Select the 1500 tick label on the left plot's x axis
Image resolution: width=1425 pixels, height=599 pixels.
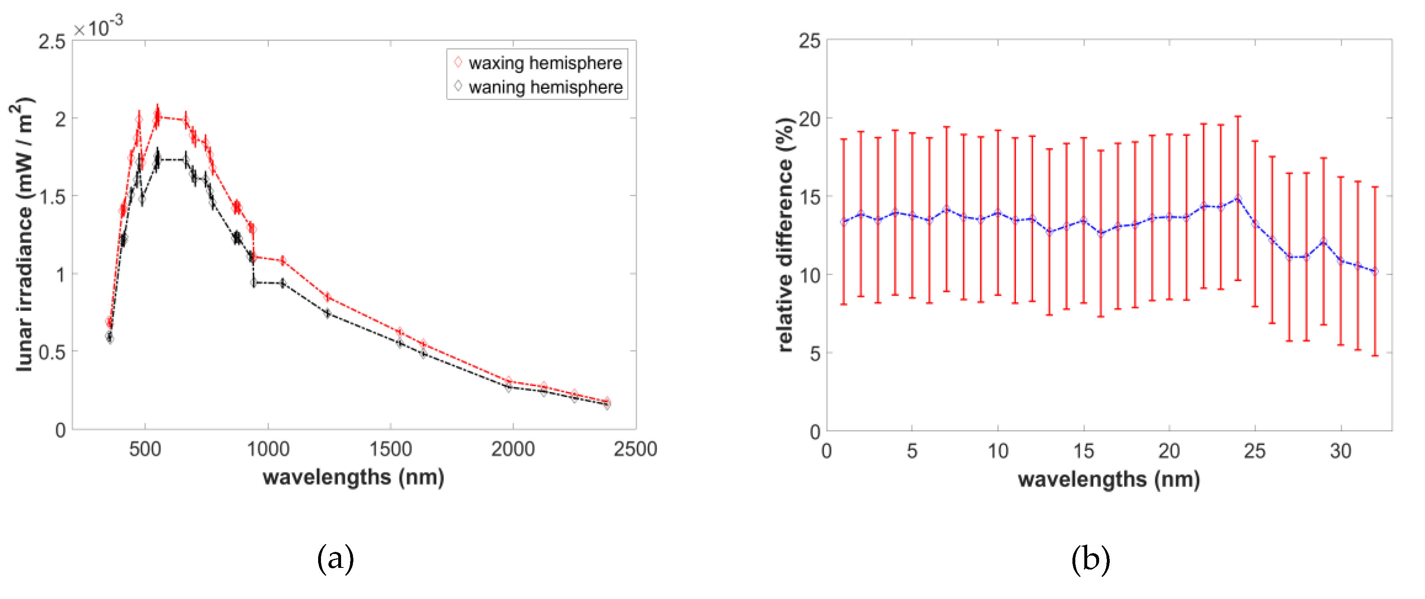tap(391, 449)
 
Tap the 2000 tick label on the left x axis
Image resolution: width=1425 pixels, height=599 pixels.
tap(513, 449)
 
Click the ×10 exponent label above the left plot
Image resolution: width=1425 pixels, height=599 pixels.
tap(98, 27)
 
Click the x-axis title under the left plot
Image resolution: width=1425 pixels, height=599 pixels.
tap(353, 477)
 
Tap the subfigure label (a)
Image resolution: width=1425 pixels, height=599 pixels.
tap(335, 558)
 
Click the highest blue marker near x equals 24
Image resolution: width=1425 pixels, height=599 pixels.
tap(1238, 198)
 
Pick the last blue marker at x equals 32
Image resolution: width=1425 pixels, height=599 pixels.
tap(1375, 272)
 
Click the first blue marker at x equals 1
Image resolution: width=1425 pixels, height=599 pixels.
tap(844, 222)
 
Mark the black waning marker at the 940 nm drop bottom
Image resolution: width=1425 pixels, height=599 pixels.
tap(254, 283)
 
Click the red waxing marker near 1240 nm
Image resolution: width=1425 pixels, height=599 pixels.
tap(328, 297)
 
